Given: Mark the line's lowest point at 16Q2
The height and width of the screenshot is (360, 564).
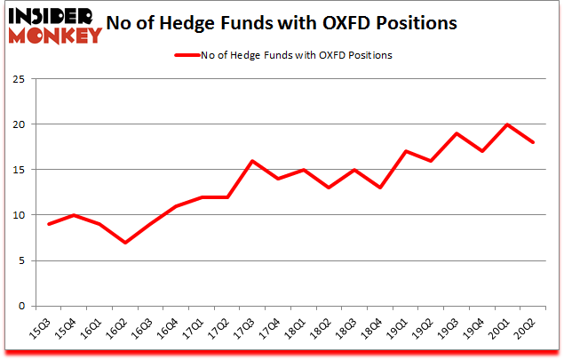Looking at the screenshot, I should click(x=124, y=243).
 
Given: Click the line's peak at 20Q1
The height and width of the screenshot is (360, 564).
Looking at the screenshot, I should click(x=507, y=124).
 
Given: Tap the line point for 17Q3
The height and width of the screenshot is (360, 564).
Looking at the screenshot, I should click(x=252, y=161).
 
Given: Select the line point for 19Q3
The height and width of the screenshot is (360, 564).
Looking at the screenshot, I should click(x=457, y=133).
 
